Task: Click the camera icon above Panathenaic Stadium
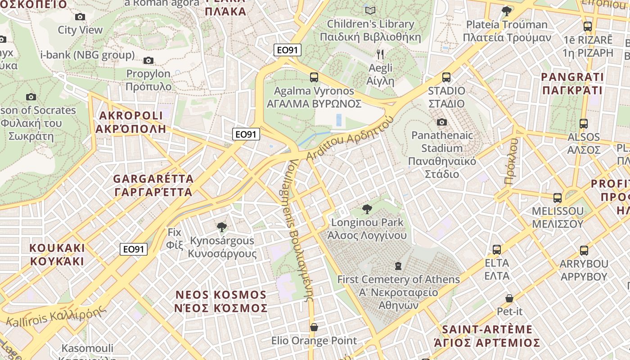coord(442,122)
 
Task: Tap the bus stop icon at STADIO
coord(446,77)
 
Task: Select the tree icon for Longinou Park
coord(367,209)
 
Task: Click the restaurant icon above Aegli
coord(380,54)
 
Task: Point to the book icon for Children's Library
coord(370,10)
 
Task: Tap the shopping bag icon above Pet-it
coord(509,298)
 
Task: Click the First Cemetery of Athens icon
coord(398,266)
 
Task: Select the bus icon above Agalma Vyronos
coord(314,77)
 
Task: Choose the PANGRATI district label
coord(572,83)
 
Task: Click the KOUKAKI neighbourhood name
coord(57,254)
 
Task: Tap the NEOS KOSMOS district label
coord(221,301)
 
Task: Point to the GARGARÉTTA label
coord(153,185)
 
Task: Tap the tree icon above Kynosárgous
coord(221,227)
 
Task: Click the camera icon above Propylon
coord(148,60)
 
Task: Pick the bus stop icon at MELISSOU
coord(557,198)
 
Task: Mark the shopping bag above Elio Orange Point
coord(314,327)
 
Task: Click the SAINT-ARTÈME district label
coord(487,336)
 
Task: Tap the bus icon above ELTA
coord(496,249)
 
